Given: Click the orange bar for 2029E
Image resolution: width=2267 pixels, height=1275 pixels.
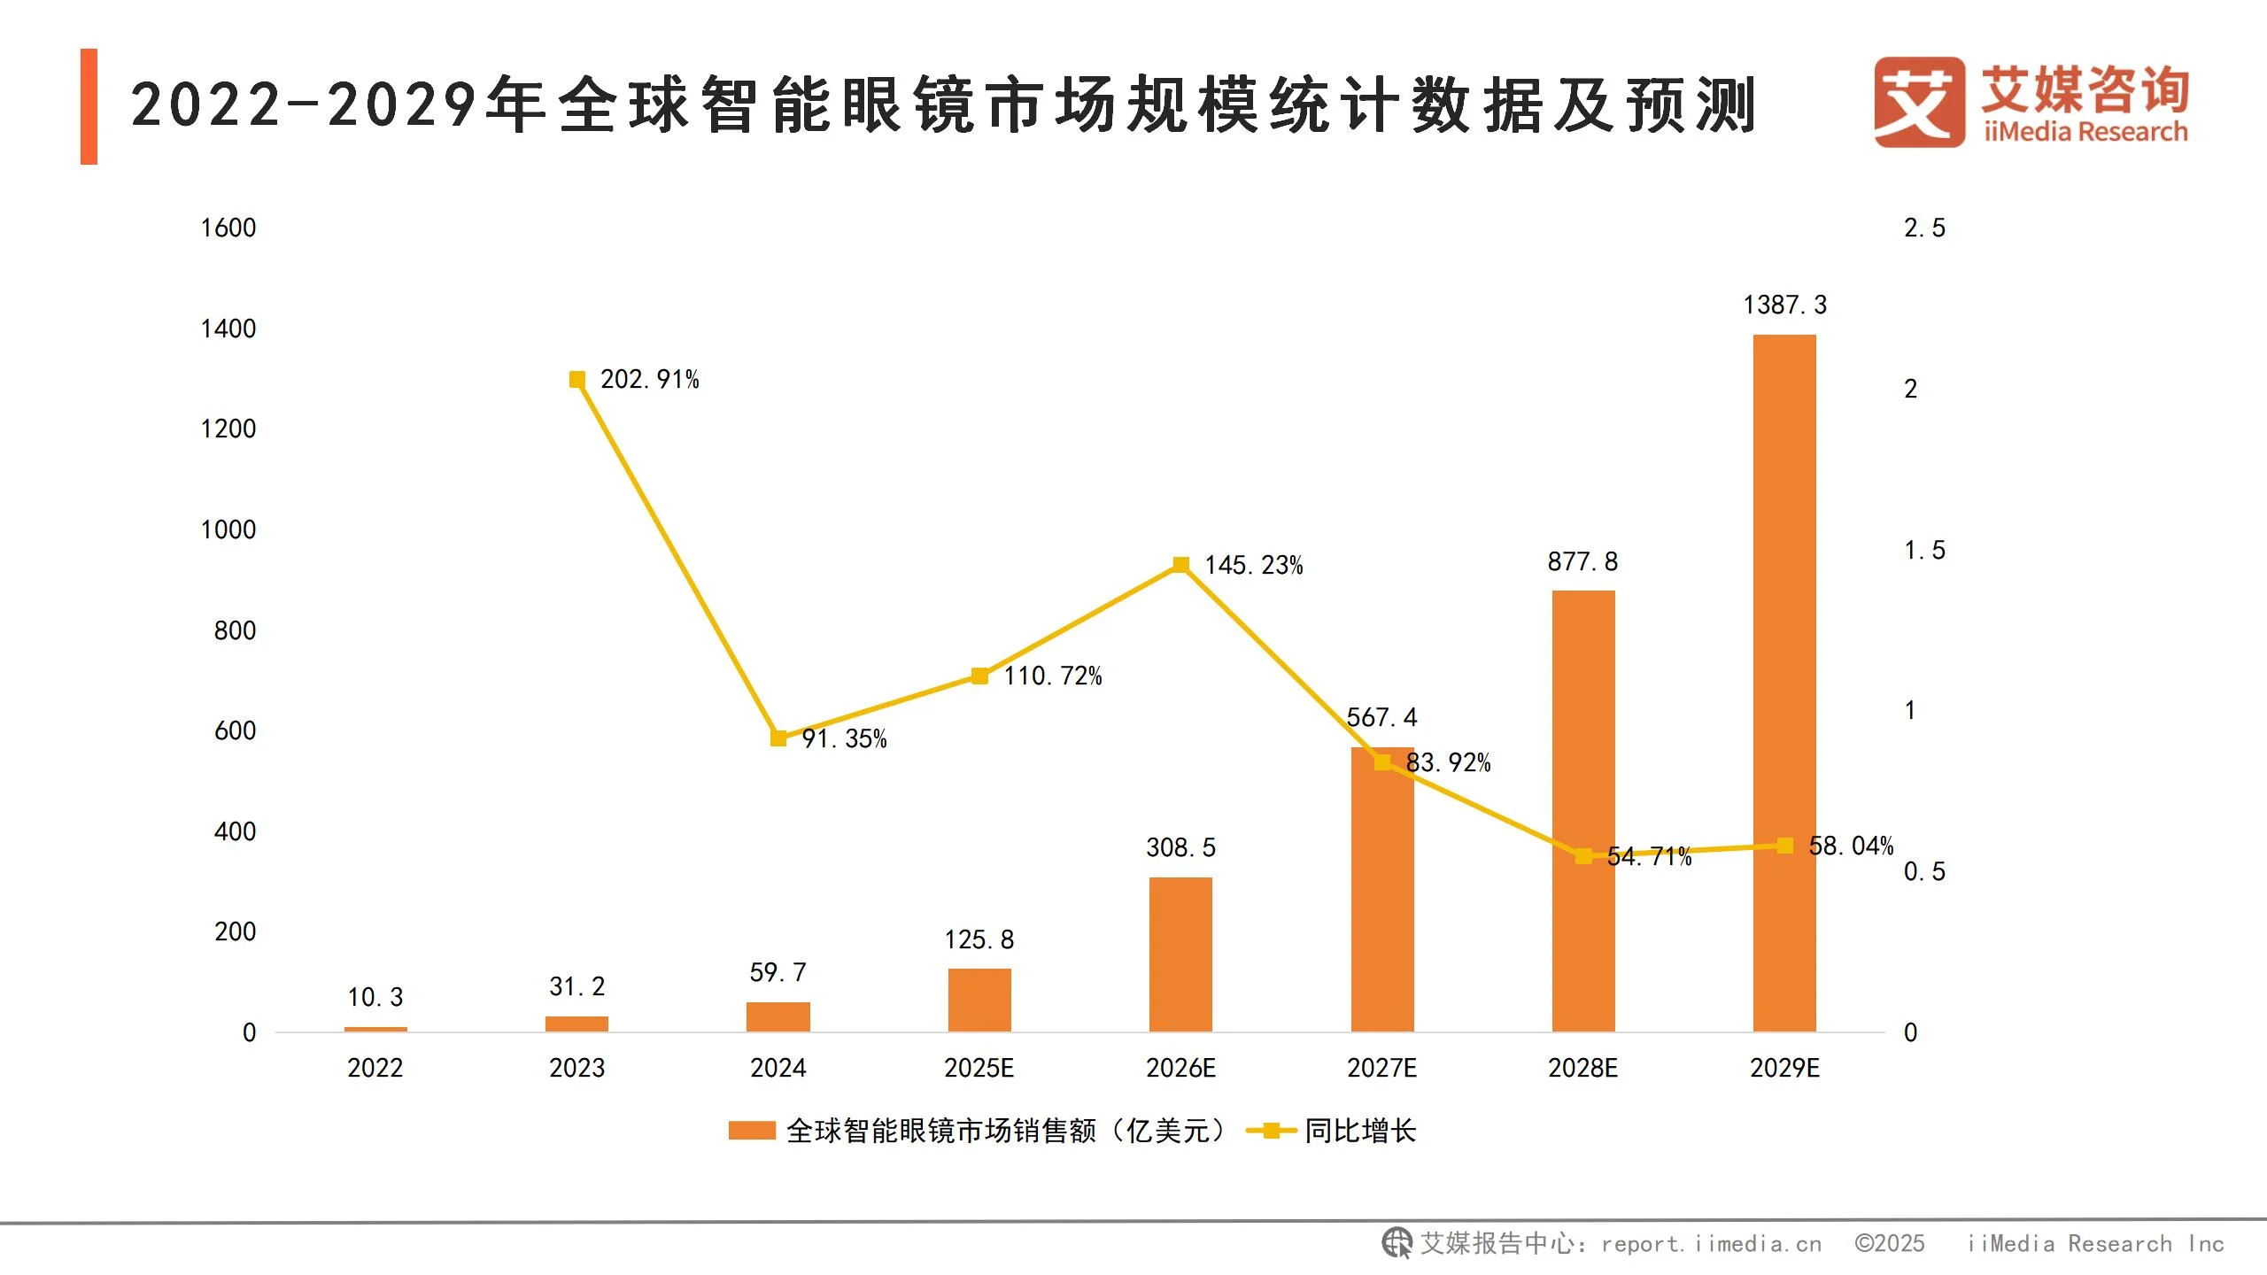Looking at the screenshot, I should click(x=1784, y=682).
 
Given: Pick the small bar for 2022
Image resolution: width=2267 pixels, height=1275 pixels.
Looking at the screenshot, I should click(x=375, y=1029).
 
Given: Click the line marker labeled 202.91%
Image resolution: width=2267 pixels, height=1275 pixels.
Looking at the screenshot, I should click(x=577, y=380).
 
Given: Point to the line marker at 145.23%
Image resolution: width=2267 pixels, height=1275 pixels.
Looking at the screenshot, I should click(x=1180, y=565).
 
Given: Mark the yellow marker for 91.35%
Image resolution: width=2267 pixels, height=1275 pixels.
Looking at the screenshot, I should click(x=778, y=738).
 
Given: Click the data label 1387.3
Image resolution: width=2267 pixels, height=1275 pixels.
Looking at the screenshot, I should click(x=1784, y=305).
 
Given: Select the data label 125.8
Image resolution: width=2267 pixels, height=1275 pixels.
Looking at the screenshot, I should click(x=979, y=939).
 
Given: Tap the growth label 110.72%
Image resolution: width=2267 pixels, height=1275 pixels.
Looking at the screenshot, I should click(x=1052, y=676).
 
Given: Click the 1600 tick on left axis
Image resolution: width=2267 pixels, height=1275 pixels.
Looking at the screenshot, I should click(x=228, y=228).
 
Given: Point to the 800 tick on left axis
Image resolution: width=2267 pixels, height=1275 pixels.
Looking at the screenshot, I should click(x=235, y=630).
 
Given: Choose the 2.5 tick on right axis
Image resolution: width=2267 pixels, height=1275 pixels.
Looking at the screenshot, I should click(x=1924, y=228).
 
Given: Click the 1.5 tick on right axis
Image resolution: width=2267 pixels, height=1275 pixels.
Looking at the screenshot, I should click(x=1924, y=551).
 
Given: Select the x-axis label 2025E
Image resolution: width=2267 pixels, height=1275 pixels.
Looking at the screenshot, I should click(x=979, y=1068).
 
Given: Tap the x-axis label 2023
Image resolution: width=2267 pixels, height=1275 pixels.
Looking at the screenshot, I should click(x=576, y=1068).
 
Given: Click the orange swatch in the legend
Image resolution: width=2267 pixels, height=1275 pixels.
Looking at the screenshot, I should click(x=752, y=1131).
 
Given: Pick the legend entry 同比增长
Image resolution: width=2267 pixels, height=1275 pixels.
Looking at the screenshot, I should click(x=1359, y=1131).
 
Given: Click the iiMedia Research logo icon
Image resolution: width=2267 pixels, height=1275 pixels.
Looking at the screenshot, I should click(x=1918, y=102).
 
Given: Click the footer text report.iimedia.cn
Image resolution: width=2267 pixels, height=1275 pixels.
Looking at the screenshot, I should click(x=1711, y=1244).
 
